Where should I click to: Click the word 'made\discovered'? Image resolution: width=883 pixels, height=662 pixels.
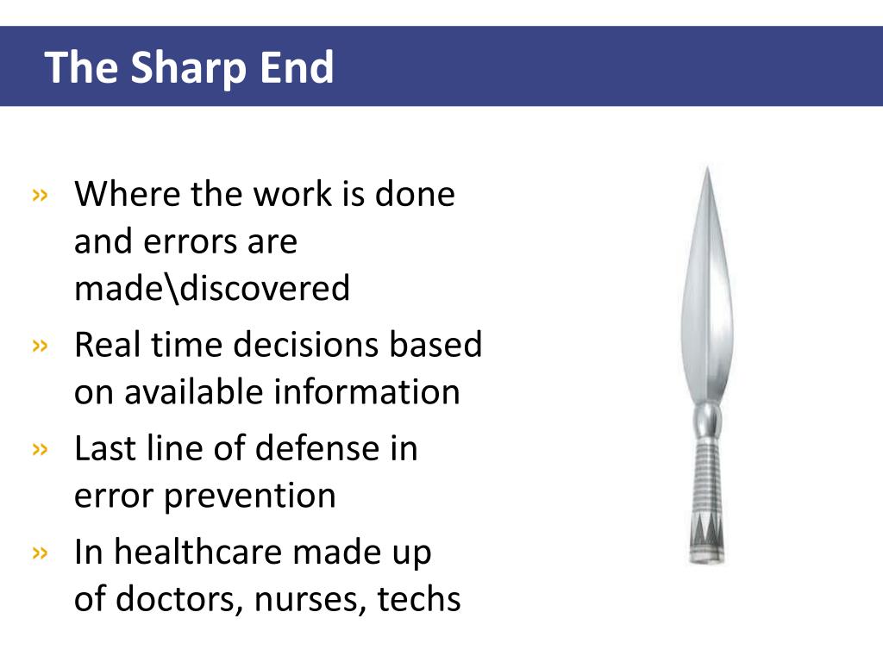212,289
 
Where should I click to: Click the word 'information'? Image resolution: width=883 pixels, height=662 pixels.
366,392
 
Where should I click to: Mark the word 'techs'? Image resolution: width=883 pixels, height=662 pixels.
419,600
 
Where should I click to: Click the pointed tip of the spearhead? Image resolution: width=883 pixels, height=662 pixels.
707,170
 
